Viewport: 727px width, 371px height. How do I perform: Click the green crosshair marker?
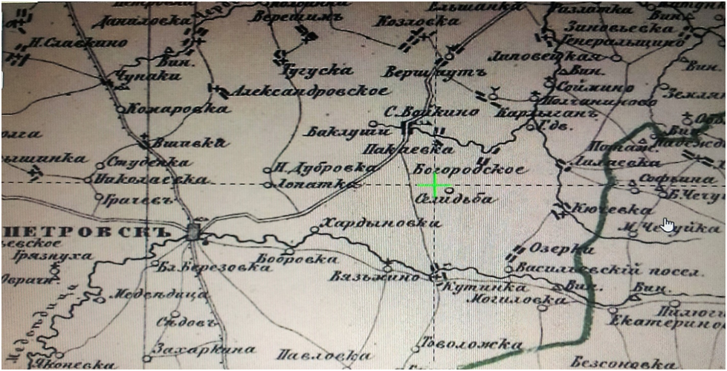[x=435, y=185]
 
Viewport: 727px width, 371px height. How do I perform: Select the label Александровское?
[x=309, y=91]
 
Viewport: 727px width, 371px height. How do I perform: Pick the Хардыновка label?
[x=375, y=222]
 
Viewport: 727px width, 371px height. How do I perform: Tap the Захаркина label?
[x=203, y=349]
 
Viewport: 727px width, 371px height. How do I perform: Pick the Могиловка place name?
[x=515, y=300]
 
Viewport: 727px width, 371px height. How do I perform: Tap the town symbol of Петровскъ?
[x=194, y=231]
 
